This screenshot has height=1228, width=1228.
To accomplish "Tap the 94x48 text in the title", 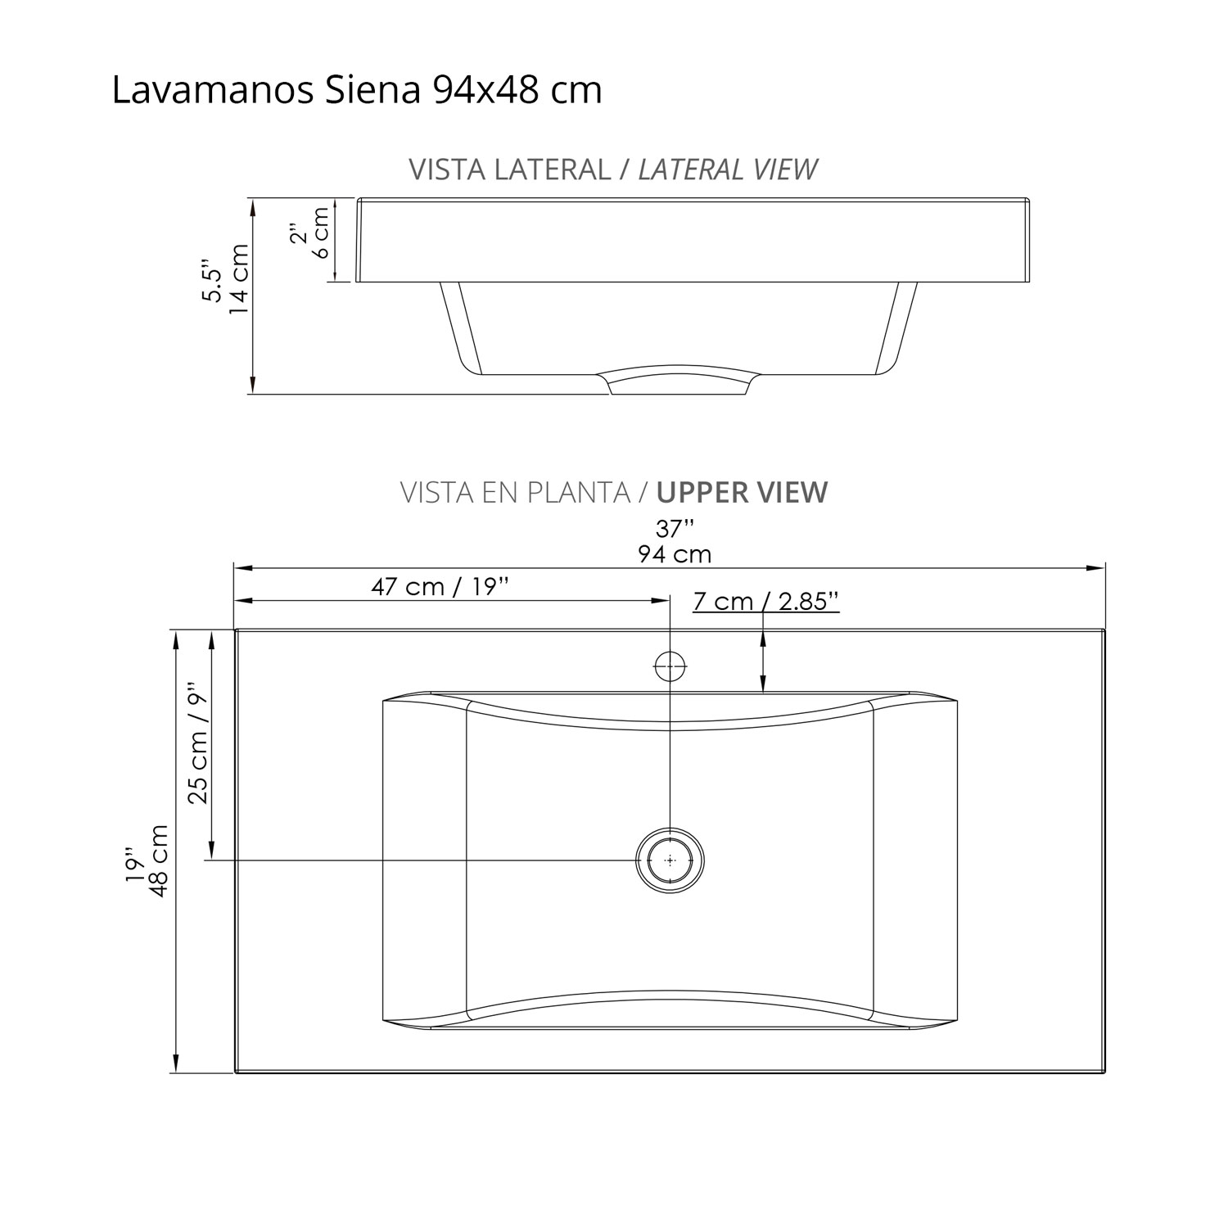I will (x=486, y=90).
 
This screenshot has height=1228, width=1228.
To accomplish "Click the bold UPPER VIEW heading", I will (x=742, y=492).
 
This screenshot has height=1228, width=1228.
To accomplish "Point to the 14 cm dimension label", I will (x=239, y=278).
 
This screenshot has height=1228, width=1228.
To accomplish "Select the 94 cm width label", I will (x=675, y=554).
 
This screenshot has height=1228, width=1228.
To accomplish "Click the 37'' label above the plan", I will (x=675, y=528).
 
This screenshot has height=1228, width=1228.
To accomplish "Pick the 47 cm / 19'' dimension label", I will (x=440, y=586).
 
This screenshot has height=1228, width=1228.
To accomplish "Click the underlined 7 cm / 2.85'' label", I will (x=765, y=601).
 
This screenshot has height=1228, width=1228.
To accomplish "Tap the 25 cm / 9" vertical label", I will (x=197, y=743).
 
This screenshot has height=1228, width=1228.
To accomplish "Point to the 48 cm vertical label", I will (x=159, y=861).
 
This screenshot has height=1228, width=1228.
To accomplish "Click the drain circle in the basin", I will (x=670, y=860).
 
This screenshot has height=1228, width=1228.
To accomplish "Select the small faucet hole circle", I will (x=670, y=666).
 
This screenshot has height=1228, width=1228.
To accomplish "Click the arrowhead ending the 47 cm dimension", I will (x=663, y=600).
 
